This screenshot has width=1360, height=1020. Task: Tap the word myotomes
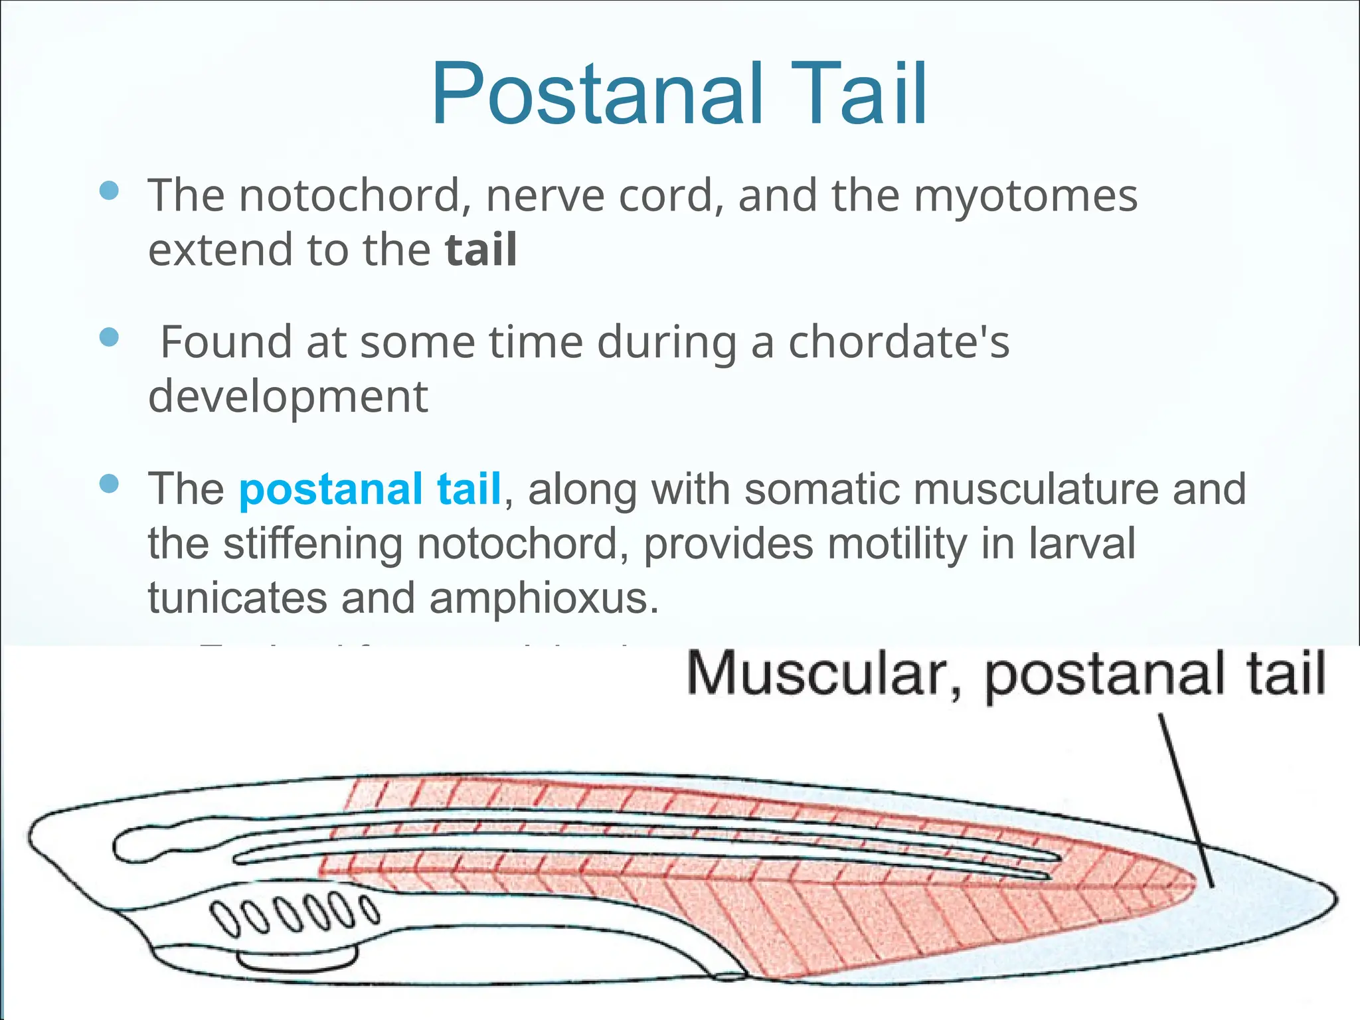pos(1025,197)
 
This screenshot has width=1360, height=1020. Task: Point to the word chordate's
pos(898,342)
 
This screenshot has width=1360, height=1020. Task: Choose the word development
pos(288,397)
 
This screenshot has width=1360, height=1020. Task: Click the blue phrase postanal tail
pos(370,489)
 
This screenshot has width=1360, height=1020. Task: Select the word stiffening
pos(312,543)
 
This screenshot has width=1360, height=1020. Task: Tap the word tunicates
pos(237,598)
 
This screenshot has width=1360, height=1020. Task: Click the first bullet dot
pos(108,191)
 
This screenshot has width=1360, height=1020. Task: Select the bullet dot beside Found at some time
pos(108,337)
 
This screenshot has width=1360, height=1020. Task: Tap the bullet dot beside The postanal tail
pos(108,483)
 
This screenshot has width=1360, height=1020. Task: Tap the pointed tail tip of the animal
pos(1333,896)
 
